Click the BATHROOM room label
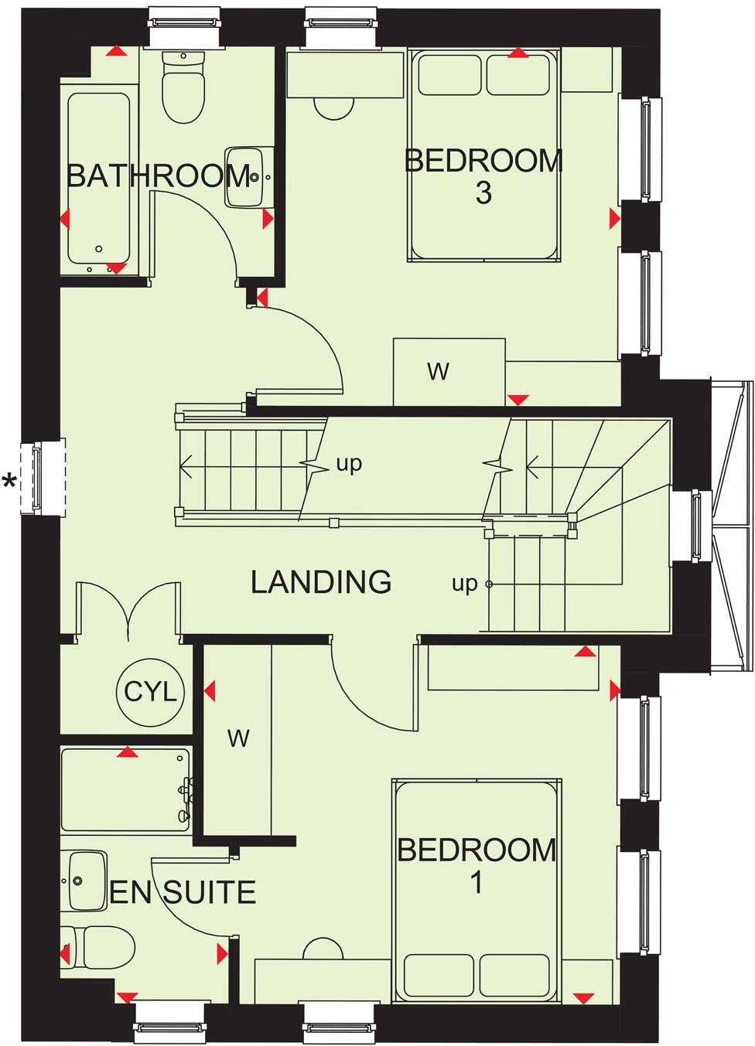159,176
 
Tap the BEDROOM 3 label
483,176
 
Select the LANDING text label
321,581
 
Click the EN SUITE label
183,893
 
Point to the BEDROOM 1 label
477,865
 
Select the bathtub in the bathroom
98,178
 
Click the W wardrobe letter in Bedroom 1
238,738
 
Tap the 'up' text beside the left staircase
349,464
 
